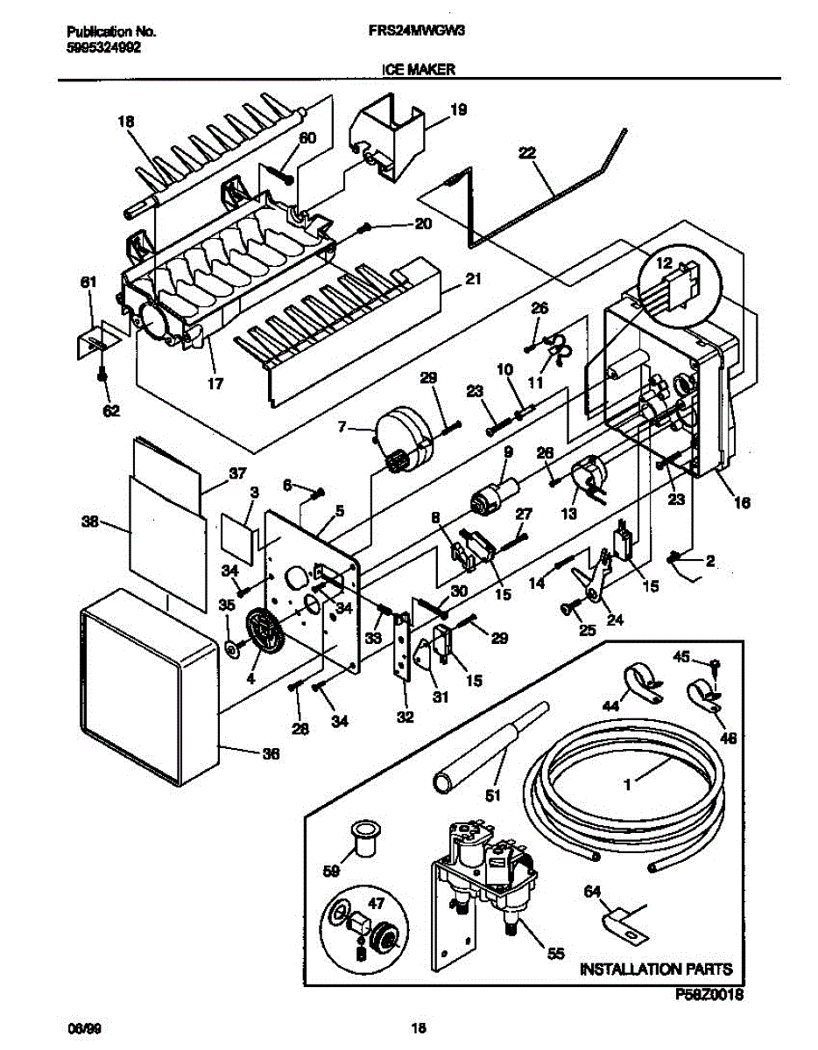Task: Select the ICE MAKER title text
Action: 418,71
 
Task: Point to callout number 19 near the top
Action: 458,110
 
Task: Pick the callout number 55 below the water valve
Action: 555,955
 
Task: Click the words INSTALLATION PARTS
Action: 656,969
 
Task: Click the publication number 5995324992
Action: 102,48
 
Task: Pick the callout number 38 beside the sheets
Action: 89,523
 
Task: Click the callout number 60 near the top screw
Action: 307,138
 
